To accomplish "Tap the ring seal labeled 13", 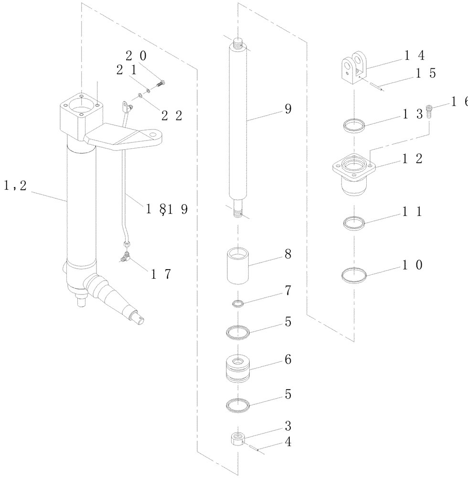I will (x=354, y=126).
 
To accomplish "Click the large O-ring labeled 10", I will (x=354, y=275).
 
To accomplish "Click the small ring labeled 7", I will (x=238, y=303).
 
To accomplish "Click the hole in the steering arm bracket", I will (x=153, y=136).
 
